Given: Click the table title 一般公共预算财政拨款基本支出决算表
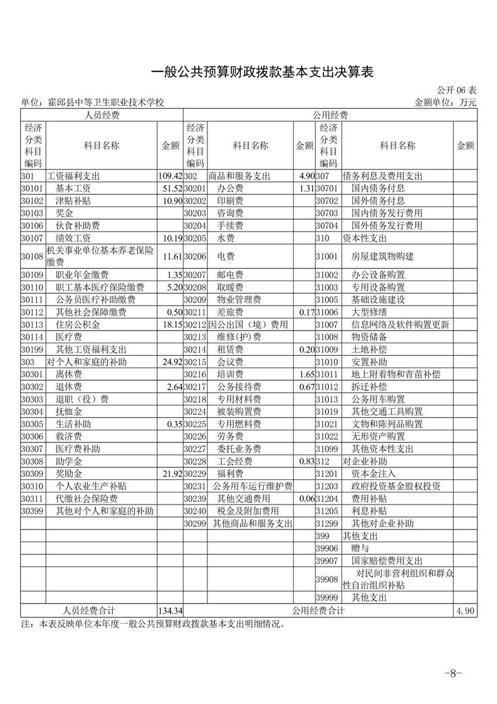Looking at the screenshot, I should click(x=263, y=73).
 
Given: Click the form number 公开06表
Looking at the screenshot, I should click(x=455, y=90).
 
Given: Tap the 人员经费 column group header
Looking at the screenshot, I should click(x=102, y=115).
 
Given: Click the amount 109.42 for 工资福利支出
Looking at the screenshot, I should click(x=170, y=176).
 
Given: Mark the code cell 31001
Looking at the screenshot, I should click(x=327, y=257).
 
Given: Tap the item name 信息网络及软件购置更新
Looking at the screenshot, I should click(x=400, y=324).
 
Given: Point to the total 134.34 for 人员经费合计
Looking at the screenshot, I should click(x=170, y=610).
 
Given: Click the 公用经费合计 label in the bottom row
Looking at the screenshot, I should click(x=318, y=610).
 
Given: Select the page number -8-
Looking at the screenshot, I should click(x=453, y=674).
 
